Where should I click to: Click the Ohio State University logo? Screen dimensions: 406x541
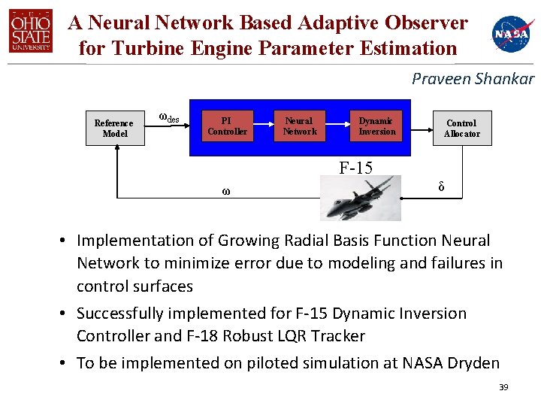[x=31, y=32]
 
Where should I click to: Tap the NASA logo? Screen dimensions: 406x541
[x=512, y=33]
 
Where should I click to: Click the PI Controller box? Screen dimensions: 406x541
[x=227, y=126]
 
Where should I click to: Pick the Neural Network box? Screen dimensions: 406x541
[x=300, y=126]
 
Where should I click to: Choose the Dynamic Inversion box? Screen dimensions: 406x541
[x=376, y=126]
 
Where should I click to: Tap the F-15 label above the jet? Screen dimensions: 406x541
[x=355, y=168]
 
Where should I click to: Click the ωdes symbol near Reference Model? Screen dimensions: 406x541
[x=168, y=118]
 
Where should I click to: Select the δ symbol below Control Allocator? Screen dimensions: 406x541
[x=441, y=186]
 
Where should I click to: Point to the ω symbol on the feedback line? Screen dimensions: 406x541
[x=225, y=191]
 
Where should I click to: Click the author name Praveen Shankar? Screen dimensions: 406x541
[x=473, y=78]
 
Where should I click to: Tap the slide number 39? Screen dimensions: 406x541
[x=503, y=387]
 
